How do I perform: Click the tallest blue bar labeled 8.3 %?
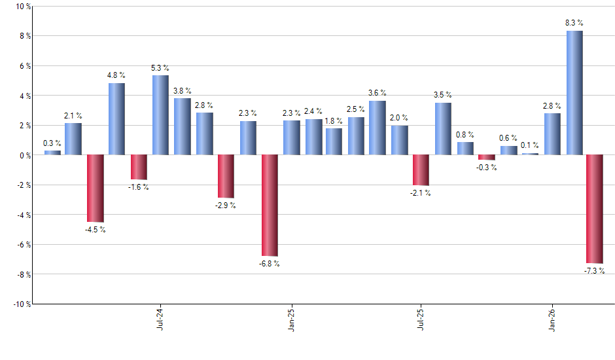(x=574, y=93)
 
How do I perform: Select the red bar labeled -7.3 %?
(x=595, y=209)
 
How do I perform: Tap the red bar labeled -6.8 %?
(x=270, y=205)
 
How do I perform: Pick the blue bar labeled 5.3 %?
(x=160, y=115)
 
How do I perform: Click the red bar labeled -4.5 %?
(x=96, y=189)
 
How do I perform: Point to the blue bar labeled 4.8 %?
(x=116, y=119)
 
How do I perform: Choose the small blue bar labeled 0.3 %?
(x=52, y=153)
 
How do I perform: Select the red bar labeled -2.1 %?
(x=421, y=170)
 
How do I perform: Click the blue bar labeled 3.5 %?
(x=443, y=129)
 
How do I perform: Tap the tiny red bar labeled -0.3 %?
(x=486, y=157)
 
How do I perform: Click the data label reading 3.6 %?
(x=378, y=93)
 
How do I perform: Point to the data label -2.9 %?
(x=226, y=206)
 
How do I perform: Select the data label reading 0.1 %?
(x=530, y=145)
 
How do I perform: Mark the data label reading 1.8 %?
(x=334, y=120)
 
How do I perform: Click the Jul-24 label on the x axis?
(x=160, y=319)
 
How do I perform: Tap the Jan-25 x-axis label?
(x=290, y=319)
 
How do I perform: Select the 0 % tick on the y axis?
(x=24, y=156)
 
